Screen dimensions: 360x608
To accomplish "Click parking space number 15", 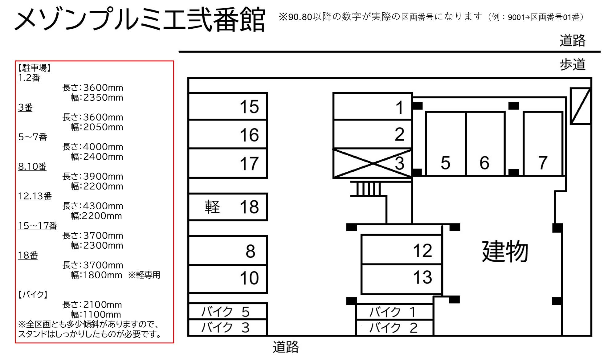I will [x=228, y=106].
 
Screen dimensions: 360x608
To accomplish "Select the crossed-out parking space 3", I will [x=373, y=163].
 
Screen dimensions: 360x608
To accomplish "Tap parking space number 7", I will [x=543, y=144].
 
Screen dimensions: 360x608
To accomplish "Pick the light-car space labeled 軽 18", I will [x=228, y=207].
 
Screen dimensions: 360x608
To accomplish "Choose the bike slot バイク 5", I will [x=227, y=311].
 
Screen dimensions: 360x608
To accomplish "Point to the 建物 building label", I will [x=505, y=251].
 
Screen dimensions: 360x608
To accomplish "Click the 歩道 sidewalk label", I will [x=572, y=65].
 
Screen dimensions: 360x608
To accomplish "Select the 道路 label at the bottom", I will [x=286, y=347].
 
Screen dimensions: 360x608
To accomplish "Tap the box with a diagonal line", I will [x=580, y=106].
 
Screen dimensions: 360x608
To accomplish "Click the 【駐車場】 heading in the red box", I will [x=34, y=68].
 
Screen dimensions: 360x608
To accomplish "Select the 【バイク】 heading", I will [x=33, y=295].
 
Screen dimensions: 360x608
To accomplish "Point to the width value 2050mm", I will [x=103, y=127].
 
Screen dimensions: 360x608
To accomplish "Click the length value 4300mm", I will [x=103, y=206].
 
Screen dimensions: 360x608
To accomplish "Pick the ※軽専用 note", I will [x=144, y=275].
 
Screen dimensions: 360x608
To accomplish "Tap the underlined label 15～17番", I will [x=37, y=226].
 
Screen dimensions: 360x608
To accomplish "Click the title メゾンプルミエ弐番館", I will [x=140, y=20].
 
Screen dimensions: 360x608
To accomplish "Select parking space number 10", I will [x=228, y=278].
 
